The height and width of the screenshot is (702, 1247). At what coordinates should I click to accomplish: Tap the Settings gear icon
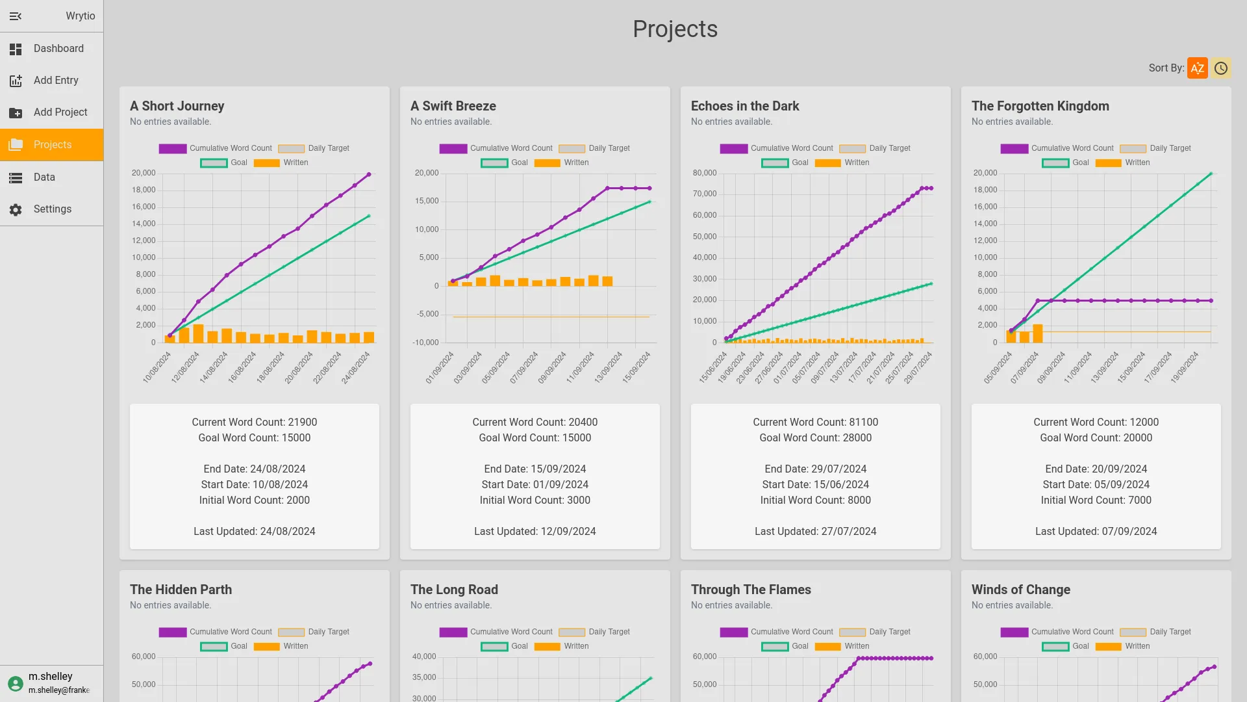[16, 209]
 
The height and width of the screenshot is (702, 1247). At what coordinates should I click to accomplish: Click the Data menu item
[44, 177]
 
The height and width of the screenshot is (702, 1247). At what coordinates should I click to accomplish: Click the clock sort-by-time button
[1220, 68]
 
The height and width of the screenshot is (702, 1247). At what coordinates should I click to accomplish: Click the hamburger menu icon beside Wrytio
[16, 16]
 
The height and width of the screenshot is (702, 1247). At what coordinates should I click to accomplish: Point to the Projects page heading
[675, 29]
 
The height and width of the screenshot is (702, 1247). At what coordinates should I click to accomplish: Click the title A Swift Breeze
[453, 106]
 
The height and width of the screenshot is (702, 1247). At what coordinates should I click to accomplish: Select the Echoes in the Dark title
[744, 106]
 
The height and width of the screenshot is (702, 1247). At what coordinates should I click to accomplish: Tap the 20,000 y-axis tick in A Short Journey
[144, 173]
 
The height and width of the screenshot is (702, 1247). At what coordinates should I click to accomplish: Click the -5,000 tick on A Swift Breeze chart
[427, 314]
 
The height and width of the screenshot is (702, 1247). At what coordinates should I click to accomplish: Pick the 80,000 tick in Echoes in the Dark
[704, 173]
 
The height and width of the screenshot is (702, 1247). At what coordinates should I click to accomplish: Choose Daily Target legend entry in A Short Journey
[314, 148]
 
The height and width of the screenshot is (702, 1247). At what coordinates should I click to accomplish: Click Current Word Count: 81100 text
[815, 422]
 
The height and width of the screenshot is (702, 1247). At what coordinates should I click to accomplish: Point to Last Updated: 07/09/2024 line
[1096, 532]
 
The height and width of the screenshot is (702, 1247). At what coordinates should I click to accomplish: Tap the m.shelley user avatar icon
[16, 683]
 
